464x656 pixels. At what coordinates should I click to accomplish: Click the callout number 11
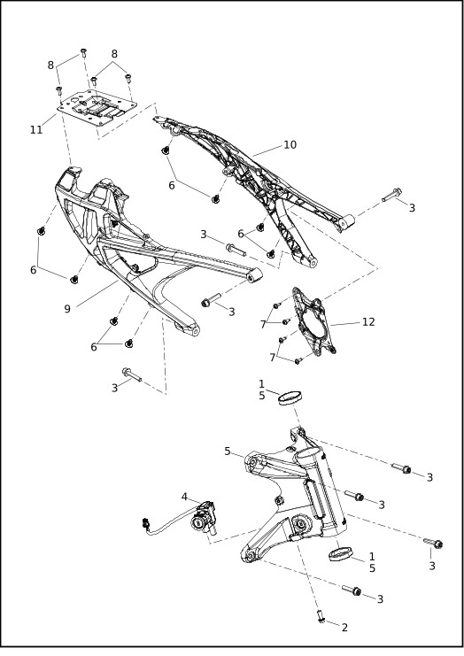36,129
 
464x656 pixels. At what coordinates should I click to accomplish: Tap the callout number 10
290,144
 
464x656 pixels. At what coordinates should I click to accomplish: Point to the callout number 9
67,309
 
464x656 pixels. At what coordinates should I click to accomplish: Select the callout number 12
368,321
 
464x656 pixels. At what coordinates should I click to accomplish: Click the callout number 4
185,497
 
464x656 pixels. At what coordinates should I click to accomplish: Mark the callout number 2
344,628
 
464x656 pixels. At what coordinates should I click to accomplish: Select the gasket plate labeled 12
313,325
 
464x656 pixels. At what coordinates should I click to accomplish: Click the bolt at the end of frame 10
392,196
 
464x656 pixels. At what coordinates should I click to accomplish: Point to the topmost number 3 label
412,207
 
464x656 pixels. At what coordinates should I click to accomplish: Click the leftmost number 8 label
50,65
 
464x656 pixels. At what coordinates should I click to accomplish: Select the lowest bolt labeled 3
354,590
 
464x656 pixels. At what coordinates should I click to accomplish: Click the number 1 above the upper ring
261,383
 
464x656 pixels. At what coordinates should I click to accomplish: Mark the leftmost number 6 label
33,269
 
